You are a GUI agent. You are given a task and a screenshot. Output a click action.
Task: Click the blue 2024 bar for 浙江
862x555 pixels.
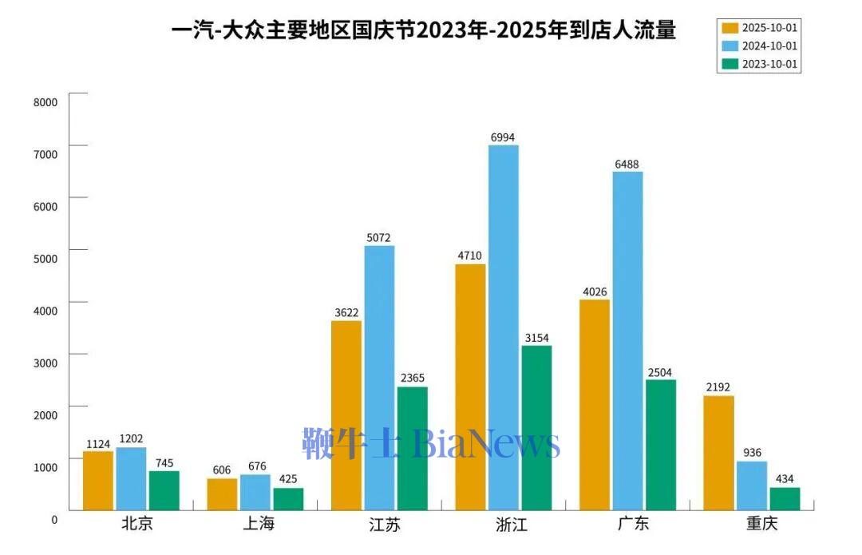coord(503,327)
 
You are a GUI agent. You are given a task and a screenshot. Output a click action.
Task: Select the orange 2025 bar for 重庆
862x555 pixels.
coord(718,453)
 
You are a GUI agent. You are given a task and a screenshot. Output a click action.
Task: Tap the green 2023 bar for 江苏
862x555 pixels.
coord(412,448)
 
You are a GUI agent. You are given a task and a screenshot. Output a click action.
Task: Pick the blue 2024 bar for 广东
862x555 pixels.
coord(627,341)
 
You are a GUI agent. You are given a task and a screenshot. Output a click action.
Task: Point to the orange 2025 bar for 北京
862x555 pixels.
coord(98,480)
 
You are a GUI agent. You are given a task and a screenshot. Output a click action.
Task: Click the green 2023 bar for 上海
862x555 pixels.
coord(288,498)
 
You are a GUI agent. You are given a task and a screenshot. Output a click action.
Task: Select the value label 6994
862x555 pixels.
coord(503,137)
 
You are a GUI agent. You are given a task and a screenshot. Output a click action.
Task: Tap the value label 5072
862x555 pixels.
coord(379,238)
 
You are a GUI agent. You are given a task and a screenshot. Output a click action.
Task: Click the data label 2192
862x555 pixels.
coord(719,388)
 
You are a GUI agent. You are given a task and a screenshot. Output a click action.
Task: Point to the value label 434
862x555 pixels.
coord(785,479)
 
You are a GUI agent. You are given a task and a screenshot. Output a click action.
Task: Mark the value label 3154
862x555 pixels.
coord(536,338)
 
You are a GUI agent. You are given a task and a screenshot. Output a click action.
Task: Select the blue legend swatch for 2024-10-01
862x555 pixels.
coord(730,46)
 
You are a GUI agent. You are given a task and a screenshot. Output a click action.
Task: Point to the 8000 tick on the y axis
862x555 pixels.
coord(45,102)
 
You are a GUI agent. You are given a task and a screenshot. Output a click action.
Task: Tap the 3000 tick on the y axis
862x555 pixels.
coord(45,363)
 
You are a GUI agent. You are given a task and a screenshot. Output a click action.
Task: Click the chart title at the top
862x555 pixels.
coord(424,30)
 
